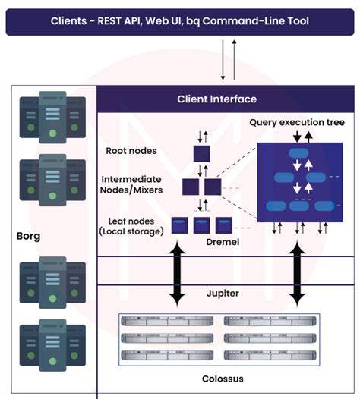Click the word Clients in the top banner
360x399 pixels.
coord(70,20)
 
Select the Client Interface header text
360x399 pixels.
coord(216,99)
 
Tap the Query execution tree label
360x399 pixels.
coord(297,123)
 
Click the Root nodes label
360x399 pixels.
coord(131,151)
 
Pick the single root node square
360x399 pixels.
coord(202,153)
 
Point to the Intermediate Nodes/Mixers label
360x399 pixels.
coord(131,186)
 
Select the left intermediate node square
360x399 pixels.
coord(191,186)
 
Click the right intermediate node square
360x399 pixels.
coord(212,186)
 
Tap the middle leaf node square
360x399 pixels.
coord(201,225)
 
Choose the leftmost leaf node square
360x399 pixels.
coord(180,225)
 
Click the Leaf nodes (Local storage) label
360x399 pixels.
coord(131,225)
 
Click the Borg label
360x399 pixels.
coord(28,236)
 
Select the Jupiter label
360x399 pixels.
coord(223,293)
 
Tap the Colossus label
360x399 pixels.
coord(223,378)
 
